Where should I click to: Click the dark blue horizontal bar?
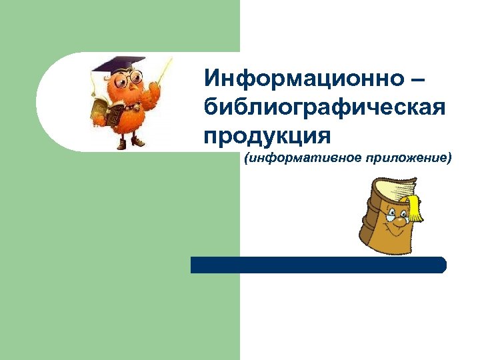coord(318,265)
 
